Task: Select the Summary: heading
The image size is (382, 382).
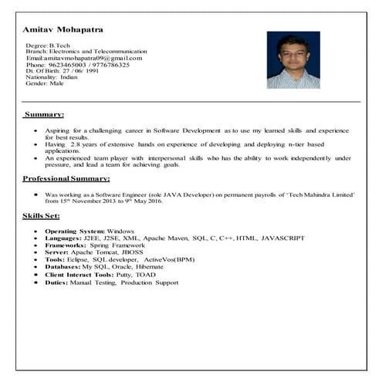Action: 44,114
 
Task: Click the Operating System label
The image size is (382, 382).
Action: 75,231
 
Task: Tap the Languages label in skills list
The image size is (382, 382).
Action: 64,238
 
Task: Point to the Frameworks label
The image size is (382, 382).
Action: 68,246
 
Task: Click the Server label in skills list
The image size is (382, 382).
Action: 58,253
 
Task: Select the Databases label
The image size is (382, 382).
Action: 66,267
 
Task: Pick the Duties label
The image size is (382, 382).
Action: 58,282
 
